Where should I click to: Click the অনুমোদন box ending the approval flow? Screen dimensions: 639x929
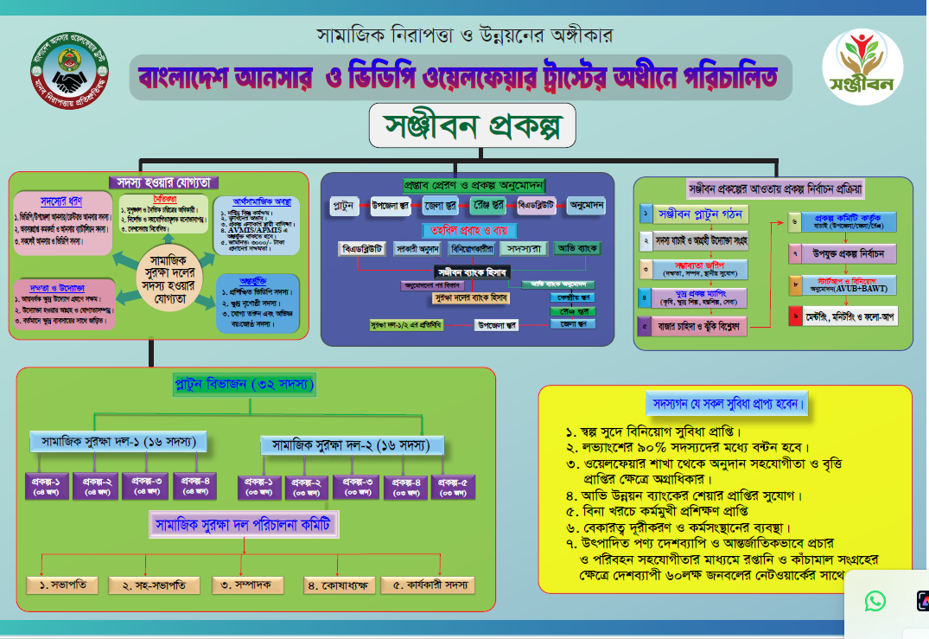586,206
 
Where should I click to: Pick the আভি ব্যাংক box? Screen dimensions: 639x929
578,248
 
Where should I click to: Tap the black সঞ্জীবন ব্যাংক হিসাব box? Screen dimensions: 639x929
472,271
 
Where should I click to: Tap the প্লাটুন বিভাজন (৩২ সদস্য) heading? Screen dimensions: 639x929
245,384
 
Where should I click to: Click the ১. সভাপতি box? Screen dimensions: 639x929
62,585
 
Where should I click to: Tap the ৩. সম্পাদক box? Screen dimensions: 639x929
247,585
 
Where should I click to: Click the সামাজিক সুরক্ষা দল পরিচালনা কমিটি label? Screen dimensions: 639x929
245,525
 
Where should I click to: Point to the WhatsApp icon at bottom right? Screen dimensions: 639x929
875,600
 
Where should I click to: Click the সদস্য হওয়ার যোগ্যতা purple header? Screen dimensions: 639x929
163,182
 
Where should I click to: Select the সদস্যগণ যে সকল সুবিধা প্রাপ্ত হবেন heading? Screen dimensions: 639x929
728,404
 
